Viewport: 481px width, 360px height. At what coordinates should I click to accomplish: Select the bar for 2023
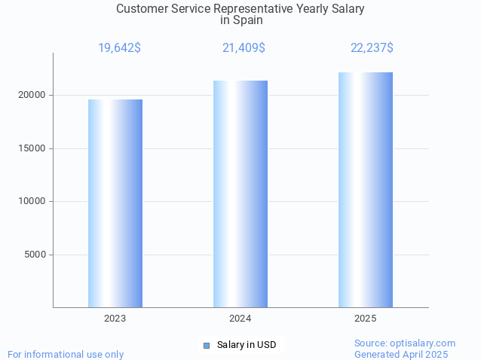(x=115, y=203)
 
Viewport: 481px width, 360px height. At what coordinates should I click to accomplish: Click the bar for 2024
(x=240, y=194)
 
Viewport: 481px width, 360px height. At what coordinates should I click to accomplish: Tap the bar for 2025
(x=366, y=190)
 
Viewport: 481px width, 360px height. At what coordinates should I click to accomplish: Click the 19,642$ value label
(x=119, y=48)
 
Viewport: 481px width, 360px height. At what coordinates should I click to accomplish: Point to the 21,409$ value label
(x=244, y=48)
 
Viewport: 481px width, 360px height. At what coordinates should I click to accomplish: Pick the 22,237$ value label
(x=372, y=48)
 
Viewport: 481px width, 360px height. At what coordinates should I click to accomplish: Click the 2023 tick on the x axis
(x=115, y=319)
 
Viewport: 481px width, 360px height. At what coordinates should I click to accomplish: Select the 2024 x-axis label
(x=240, y=319)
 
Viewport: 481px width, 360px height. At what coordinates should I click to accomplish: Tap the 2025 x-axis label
(x=366, y=319)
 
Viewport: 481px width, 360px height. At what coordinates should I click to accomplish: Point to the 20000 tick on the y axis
(x=32, y=96)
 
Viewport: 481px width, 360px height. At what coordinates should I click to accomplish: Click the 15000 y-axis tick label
(x=32, y=148)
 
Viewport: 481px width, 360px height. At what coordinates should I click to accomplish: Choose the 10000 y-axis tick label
(x=32, y=201)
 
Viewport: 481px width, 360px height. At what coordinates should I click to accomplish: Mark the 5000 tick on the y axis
(x=34, y=255)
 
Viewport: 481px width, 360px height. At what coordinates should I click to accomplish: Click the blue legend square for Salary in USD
(x=207, y=346)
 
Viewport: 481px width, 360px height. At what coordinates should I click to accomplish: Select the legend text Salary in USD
(x=247, y=346)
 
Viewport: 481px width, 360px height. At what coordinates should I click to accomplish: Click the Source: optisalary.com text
(x=405, y=343)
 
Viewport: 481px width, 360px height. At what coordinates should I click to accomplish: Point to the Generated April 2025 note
(x=401, y=355)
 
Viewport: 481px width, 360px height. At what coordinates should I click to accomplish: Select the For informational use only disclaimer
(x=66, y=355)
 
